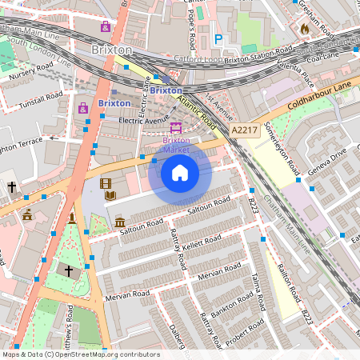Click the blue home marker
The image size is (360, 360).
[180, 173]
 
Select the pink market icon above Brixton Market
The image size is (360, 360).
[176, 128]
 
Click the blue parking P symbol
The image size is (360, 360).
[218, 38]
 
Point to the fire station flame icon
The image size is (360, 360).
[304, 29]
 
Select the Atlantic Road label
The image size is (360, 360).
[198, 112]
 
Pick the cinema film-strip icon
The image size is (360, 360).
[106, 183]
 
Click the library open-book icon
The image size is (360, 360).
[110, 195]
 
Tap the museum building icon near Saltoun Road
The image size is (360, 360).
[119, 222]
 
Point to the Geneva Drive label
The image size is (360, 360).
[327, 158]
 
